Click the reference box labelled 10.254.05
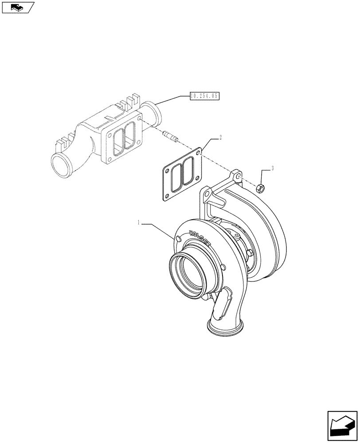pyautogui.click(x=205, y=95)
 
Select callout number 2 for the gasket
pyautogui.click(x=221, y=138)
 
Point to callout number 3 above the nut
pyautogui.click(x=273, y=168)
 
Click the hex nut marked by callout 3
pyautogui.click(x=261, y=188)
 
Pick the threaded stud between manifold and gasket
pyautogui.click(x=170, y=136)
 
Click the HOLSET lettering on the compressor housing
pyautogui.click(x=200, y=239)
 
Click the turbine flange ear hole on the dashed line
pyautogui.click(x=238, y=177)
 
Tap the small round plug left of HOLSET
pyautogui.click(x=179, y=239)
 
